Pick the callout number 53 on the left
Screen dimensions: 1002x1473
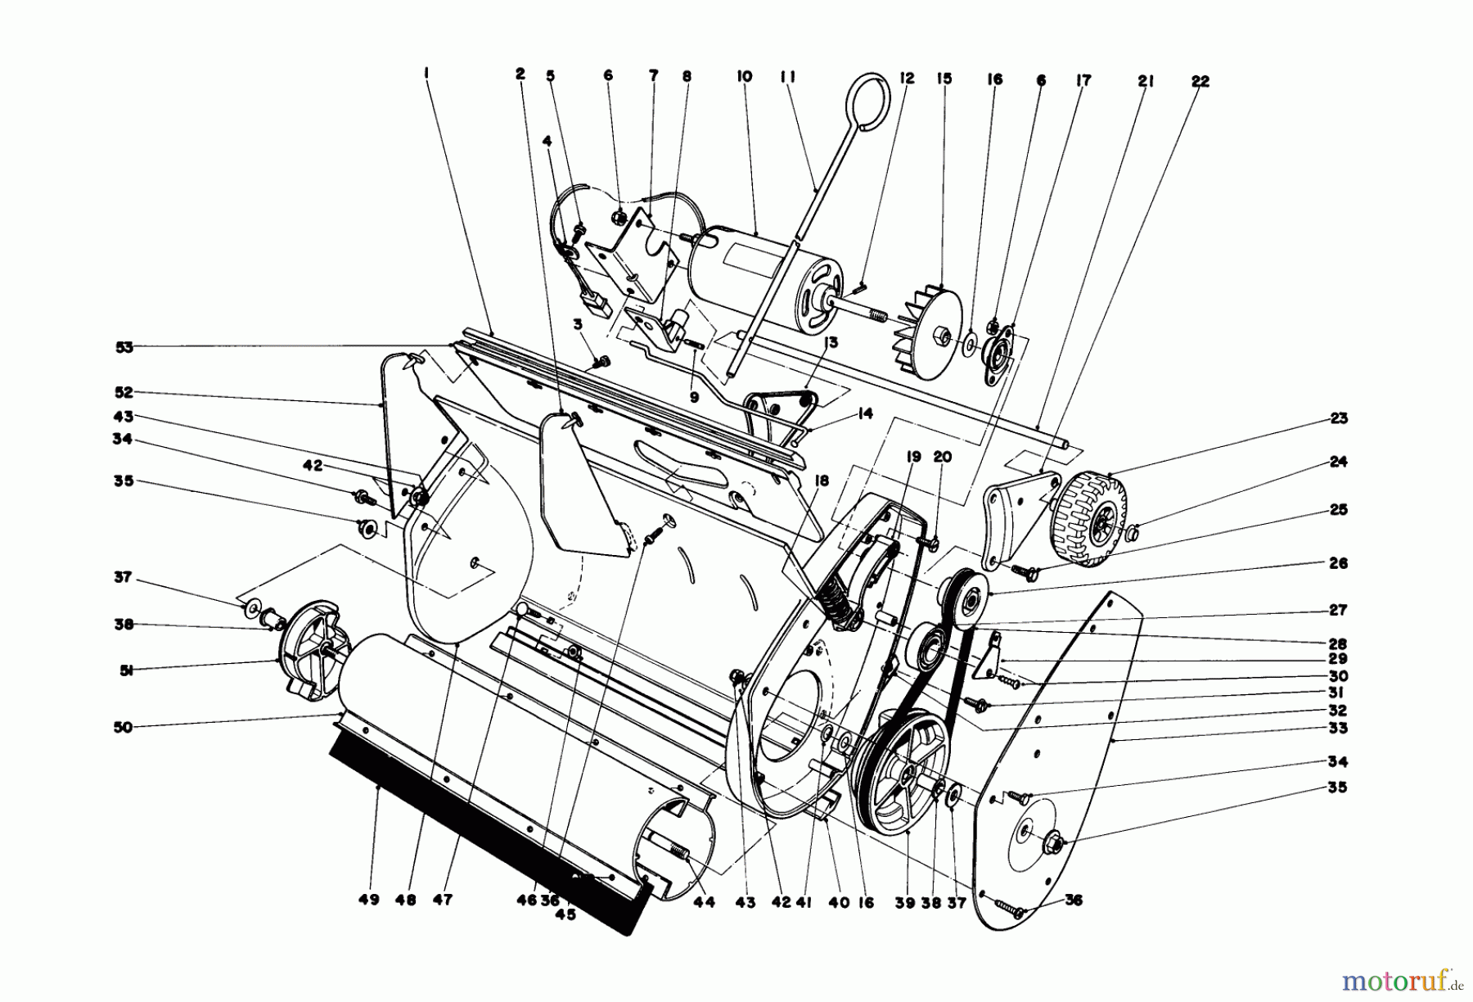124,346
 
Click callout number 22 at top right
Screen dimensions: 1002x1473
1200,82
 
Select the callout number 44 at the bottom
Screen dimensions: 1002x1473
704,902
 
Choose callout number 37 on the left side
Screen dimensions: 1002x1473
124,577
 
